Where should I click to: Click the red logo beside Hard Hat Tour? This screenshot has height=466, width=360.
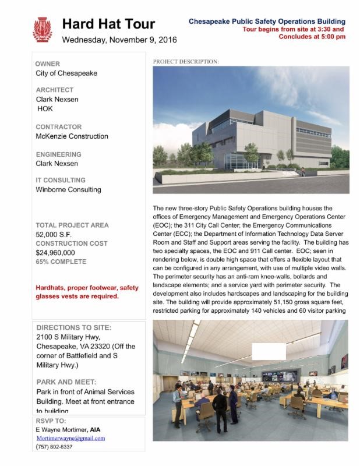(x=43, y=30)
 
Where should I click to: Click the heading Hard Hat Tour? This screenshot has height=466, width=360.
(x=108, y=24)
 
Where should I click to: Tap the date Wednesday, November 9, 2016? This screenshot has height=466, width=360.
(x=119, y=40)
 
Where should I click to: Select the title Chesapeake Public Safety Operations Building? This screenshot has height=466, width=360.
(x=267, y=22)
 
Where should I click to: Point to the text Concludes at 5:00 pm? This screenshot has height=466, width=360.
(x=312, y=36)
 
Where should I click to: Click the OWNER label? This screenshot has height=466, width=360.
(x=48, y=63)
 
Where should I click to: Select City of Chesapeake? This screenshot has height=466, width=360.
(x=66, y=73)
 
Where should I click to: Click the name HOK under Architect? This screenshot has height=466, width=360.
(x=46, y=108)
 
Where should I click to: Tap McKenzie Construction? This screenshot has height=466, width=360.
(x=72, y=136)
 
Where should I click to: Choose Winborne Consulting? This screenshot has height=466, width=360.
(x=68, y=189)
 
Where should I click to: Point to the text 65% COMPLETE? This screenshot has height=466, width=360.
(x=61, y=262)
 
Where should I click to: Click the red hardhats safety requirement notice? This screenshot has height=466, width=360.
(x=87, y=292)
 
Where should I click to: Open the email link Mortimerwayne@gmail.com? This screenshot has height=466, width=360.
(x=70, y=438)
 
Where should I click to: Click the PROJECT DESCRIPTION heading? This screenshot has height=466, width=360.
(x=186, y=61)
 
